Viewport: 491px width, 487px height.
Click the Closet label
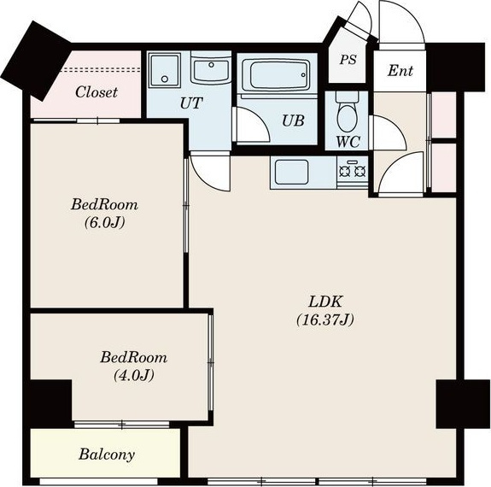[x=96, y=92]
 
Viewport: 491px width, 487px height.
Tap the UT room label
[x=191, y=103]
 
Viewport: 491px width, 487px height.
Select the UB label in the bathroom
[x=293, y=120]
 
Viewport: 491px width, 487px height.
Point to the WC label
[x=348, y=142]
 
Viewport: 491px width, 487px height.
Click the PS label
[x=348, y=60]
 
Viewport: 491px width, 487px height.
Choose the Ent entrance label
[x=400, y=71]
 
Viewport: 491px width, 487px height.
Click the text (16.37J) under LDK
[x=325, y=320]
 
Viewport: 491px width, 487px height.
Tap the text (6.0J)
[x=104, y=223]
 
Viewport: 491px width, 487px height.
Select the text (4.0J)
[x=134, y=375]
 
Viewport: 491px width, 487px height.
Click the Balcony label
[x=107, y=455]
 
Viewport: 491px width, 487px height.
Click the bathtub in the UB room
[x=276, y=74]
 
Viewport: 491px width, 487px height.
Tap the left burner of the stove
[x=344, y=171]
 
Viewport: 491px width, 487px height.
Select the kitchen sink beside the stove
[x=291, y=172]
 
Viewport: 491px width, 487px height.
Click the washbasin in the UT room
[x=211, y=71]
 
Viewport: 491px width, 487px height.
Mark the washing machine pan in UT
[x=165, y=70]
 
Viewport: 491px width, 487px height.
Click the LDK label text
[x=325, y=302]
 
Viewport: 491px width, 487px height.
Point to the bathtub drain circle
[x=303, y=75]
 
